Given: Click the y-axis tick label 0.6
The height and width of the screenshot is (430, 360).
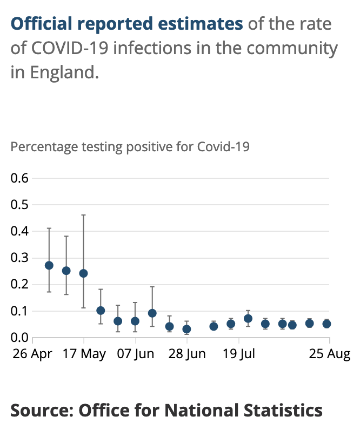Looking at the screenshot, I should tap(20, 178).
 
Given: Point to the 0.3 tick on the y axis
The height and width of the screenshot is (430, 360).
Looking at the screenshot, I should tap(20, 258).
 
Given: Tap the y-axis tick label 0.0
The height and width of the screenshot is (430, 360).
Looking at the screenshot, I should tap(20, 338).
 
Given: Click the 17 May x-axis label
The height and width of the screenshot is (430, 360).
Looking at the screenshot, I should tap(84, 355).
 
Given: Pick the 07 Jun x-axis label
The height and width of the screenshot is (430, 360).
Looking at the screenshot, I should tap(135, 355).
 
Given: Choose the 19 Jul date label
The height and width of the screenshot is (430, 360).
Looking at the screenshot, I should tap(239, 355).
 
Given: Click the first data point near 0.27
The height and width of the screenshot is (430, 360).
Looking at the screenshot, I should tap(49, 265).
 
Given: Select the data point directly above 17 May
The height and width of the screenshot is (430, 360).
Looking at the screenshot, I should tap(83, 273).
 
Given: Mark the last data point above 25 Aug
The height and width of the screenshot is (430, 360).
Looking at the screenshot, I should tap(326, 324).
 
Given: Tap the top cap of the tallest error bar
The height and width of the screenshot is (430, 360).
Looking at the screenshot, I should tap(83, 215).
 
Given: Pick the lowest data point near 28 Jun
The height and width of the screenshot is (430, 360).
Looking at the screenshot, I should tap(186, 329).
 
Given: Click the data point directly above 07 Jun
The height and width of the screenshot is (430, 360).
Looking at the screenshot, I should tap(135, 321).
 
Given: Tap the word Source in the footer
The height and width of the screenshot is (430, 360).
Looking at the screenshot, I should tap(41, 410).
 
